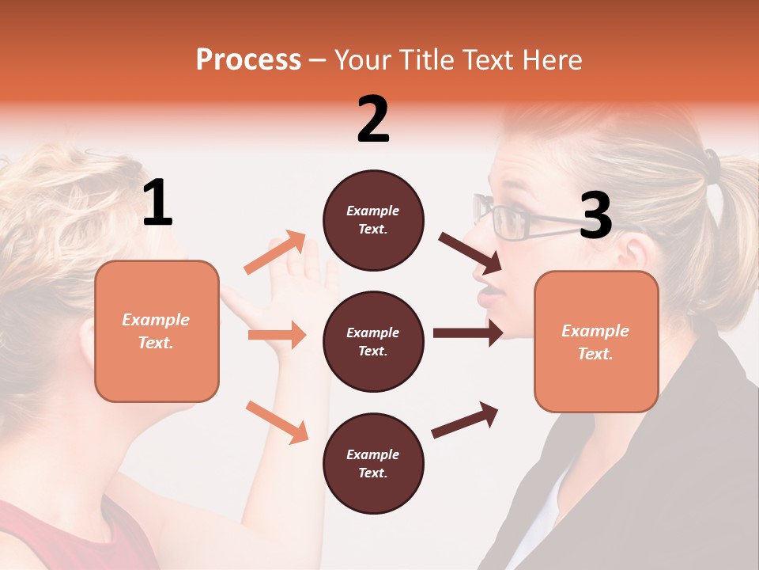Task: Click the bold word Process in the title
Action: point(248,60)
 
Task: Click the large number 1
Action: point(157,203)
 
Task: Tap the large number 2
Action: point(373,120)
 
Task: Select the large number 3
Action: point(595,216)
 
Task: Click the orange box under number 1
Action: point(157,331)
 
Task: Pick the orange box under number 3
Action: point(596,341)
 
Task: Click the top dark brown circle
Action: point(373,220)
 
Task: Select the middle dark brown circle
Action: point(373,341)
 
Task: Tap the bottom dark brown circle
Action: point(373,463)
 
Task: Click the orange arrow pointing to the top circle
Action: point(275,252)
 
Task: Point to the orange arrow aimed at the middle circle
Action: point(277,335)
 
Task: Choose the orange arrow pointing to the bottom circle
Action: point(277,421)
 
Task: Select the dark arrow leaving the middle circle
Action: point(468,332)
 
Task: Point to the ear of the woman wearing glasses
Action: point(633,253)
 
